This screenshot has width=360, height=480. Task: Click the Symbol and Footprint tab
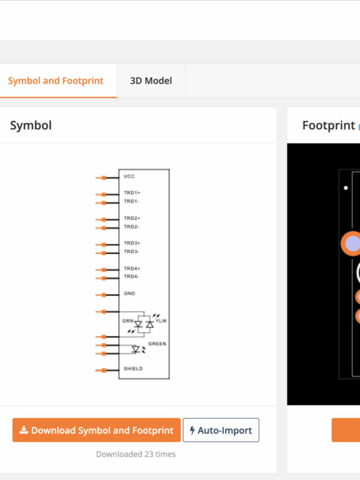(56, 81)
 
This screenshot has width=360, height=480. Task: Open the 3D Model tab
(151, 81)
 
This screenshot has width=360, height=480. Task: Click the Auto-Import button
(221, 430)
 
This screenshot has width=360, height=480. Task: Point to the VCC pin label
(129, 177)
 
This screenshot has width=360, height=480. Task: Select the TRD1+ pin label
(132, 193)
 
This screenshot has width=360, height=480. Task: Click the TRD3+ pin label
(132, 243)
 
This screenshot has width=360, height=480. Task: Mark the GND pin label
(129, 294)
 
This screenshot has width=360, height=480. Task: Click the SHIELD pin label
(133, 369)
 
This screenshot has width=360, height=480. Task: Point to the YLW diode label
(161, 321)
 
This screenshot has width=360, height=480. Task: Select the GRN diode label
(128, 321)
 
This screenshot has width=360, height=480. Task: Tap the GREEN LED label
(157, 344)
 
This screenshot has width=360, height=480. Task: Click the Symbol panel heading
(31, 125)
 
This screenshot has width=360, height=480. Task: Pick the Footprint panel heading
(328, 125)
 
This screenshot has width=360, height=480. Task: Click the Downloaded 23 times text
(136, 454)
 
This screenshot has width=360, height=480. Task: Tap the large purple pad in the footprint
(352, 244)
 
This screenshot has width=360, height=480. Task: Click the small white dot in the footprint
(345, 188)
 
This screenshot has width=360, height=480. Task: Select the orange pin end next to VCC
(103, 178)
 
